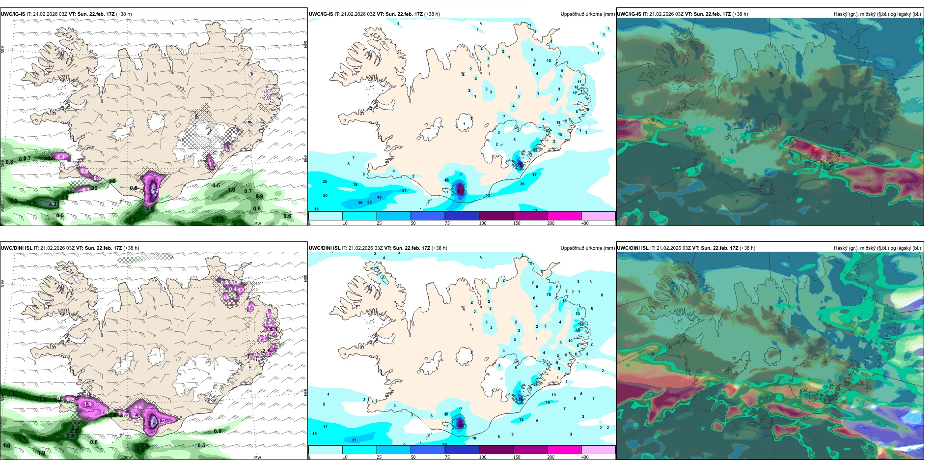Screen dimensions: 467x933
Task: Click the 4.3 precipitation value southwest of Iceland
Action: [x=53, y=204]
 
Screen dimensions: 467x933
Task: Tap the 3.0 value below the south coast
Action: [x=150, y=208]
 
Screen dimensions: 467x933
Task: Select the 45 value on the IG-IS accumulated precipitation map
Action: [x=379, y=197]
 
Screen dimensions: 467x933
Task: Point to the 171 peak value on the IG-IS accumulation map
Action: [x=460, y=189]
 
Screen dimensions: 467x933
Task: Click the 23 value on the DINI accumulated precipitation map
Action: [x=577, y=313]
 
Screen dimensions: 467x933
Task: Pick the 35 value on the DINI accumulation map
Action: [x=577, y=331]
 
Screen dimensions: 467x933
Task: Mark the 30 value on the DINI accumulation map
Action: [x=581, y=324]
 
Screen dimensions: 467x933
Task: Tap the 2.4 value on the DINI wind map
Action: [x=71, y=436]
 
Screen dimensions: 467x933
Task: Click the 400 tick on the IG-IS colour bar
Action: [x=585, y=223]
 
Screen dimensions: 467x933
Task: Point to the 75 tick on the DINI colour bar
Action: [x=447, y=457]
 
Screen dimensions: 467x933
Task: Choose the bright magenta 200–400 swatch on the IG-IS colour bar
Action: [x=564, y=216]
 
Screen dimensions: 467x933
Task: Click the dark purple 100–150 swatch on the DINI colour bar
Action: [x=495, y=450]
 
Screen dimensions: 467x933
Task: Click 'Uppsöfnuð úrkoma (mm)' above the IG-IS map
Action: [x=587, y=14]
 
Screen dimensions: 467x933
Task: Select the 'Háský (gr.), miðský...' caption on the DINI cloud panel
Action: [x=877, y=248]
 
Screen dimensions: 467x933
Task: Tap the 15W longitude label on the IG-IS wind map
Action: [x=256, y=224]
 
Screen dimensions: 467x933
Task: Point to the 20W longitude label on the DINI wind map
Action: [x=127, y=458]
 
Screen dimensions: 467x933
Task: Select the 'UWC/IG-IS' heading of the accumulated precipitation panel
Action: [x=321, y=14]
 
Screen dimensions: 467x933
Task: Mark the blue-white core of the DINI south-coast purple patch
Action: [x=153, y=421]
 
